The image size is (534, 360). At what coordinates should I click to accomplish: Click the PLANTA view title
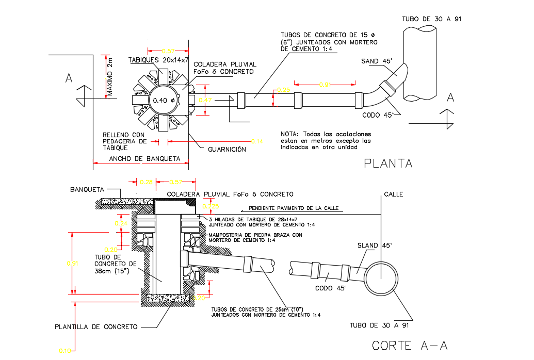coord(388,163)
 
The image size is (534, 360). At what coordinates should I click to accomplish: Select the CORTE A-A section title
coord(410,345)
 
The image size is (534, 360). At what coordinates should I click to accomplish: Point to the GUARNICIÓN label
coord(226,150)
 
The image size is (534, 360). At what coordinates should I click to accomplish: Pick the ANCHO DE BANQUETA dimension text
coord(144,159)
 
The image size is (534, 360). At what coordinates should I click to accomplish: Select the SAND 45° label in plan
coord(377,61)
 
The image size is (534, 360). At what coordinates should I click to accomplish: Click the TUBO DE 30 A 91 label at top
coord(431,19)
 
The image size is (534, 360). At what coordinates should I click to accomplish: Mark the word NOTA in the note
coord(290,134)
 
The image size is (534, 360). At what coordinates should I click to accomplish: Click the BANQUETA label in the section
coord(87,189)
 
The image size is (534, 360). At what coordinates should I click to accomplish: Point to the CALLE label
coord(393,194)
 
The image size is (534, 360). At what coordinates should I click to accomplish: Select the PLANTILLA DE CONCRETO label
coord(96,327)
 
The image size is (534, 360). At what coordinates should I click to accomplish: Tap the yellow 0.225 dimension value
coord(210,206)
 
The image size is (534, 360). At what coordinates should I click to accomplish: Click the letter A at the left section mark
coord(69,78)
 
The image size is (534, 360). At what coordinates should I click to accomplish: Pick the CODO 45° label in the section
coord(331,288)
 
